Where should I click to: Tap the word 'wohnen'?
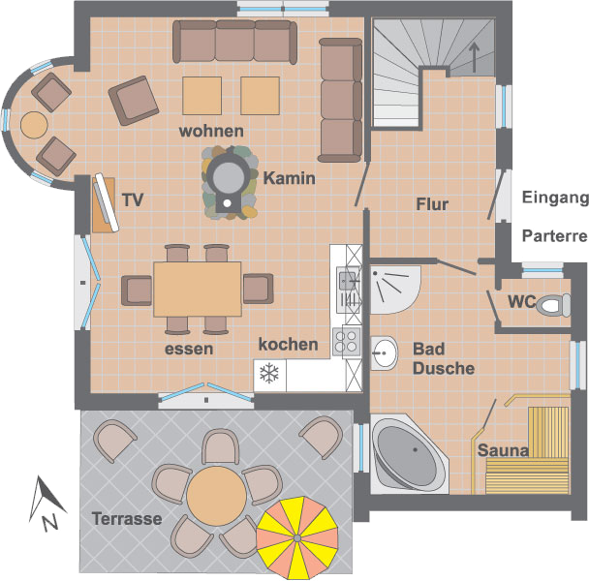pos(211,131)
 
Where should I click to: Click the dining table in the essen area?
pos(198,289)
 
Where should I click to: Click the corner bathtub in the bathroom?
pos(406,453)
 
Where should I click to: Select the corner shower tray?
pos(391,288)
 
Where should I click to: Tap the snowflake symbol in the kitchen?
pos(267,373)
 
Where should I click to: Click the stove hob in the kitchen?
pos(346,338)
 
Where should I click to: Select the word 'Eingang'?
pos(554,199)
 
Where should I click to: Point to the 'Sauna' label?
pos(502,450)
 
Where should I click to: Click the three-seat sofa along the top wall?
pos(235,42)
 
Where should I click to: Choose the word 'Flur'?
pos(432,204)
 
